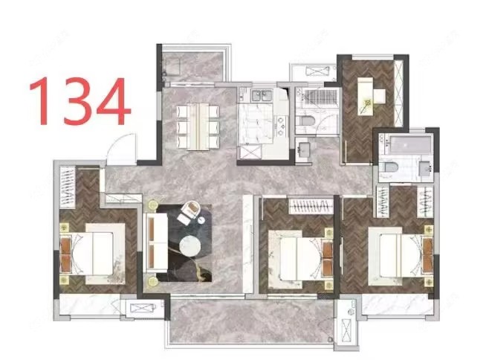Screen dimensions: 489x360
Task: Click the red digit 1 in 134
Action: pyautogui.click(x=42, y=100)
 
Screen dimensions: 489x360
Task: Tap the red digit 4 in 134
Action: pyautogui.click(x=113, y=100)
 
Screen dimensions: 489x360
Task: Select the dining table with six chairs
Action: pyautogui.click(x=198, y=126)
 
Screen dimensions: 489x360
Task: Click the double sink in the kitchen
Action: pyautogui.click(x=262, y=95)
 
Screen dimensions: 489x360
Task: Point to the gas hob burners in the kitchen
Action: pyautogui.click(x=281, y=126)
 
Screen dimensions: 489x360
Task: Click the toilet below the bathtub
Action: pyautogui.click(x=390, y=167)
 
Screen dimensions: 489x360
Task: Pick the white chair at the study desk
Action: pyautogui.click(x=380, y=96)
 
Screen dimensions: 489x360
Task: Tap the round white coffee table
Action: pyautogui.click(x=190, y=245)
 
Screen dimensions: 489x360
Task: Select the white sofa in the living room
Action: pyautogui.click(x=155, y=242)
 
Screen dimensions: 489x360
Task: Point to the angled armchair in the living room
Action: pyautogui.click(x=190, y=213)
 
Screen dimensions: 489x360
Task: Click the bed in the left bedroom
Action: pyautogui.click(x=93, y=254)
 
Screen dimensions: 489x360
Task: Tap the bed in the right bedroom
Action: pyautogui.click(x=401, y=256)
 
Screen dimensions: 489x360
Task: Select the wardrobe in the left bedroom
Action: pyautogui.click(x=68, y=187)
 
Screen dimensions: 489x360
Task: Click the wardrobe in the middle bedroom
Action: pyautogui.click(x=311, y=206)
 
